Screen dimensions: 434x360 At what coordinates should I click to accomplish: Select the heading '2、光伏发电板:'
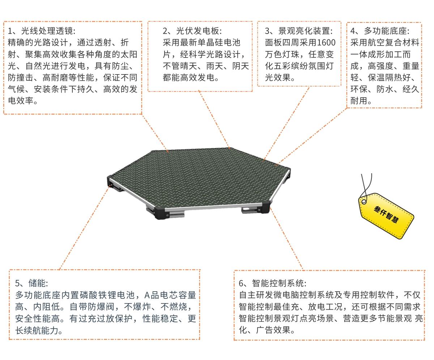click(x=192, y=31)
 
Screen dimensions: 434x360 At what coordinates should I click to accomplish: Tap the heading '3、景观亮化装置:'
click(x=298, y=31)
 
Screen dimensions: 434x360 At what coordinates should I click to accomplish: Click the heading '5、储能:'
click(x=31, y=283)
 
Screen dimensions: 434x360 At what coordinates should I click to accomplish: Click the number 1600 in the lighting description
click(x=326, y=43)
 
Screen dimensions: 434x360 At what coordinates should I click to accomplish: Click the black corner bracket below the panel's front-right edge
click(x=264, y=207)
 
